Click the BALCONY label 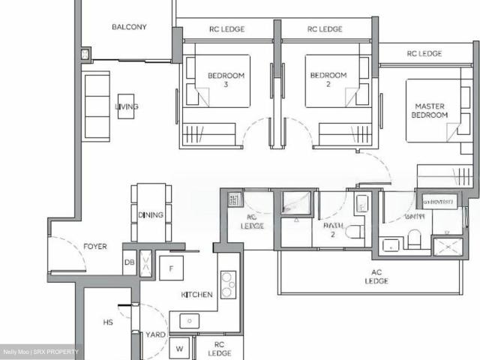pyautogui.click(x=129, y=27)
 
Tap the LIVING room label pyautogui.click(x=127, y=107)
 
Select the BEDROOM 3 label pyautogui.click(x=224, y=79)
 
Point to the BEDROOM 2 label pyautogui.click(x=328, y=79)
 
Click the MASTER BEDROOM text pyautogui.click(x=430, y=111)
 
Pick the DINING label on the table pyautogui.click(x=151, y=215)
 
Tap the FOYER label pyautogui.click(x=94, y=246)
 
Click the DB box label pyautogui.click(x=129, y=262)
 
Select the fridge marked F pyautogui.click(x=171, y=268)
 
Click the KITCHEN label pyautogui.click(x=196, y=295)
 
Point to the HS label pyautogui.click(x=107, y=322)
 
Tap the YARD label pyautogui.click(x=155, y=334)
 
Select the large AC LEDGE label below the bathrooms pyautogui.click(x=376, y=277)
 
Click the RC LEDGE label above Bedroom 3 pyautogui.click(x=226, y=29)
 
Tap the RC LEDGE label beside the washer pyautogui.click(x=219, y=348)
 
